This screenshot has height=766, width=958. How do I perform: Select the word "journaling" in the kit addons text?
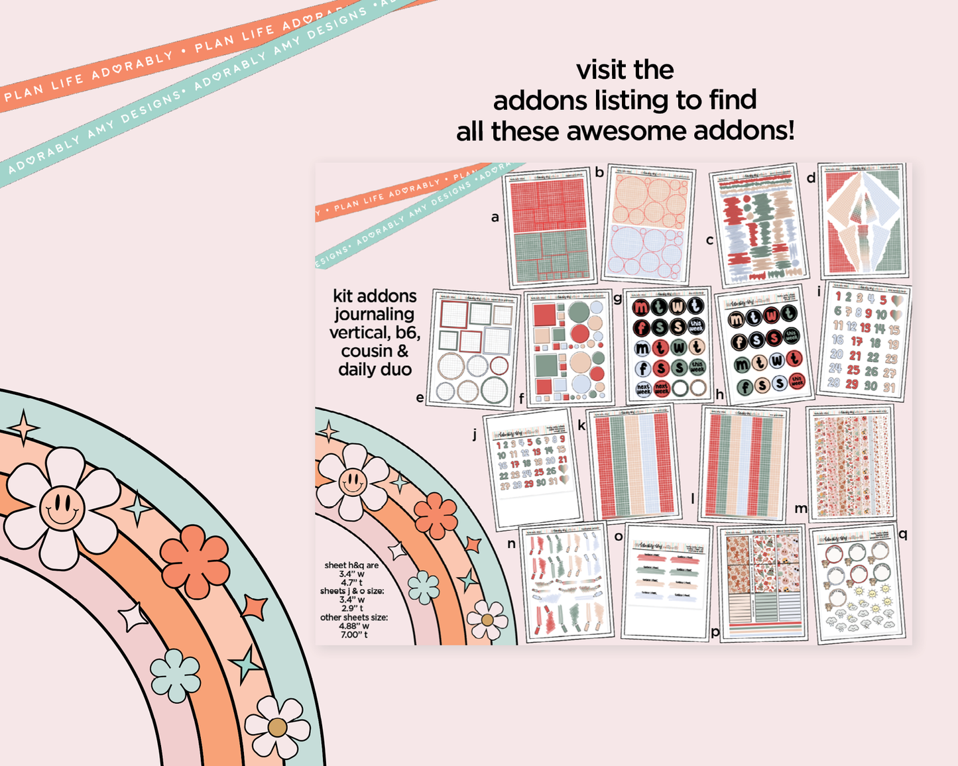374,314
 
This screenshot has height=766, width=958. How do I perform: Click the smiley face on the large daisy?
62,508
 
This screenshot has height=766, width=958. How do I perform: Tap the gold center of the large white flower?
277,728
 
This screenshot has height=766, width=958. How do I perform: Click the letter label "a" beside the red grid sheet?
495,217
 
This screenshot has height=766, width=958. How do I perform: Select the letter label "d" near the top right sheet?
811,178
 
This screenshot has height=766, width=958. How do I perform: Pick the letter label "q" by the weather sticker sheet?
902,534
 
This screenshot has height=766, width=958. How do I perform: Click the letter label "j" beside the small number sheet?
475,435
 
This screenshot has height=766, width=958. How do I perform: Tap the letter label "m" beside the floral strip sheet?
801,508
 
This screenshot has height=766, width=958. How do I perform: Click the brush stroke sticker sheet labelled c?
757,225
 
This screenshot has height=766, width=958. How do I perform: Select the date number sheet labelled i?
865,341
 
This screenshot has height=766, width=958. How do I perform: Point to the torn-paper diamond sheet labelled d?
863,221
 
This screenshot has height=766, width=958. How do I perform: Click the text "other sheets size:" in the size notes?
354,617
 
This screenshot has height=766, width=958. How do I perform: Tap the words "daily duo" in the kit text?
375,370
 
